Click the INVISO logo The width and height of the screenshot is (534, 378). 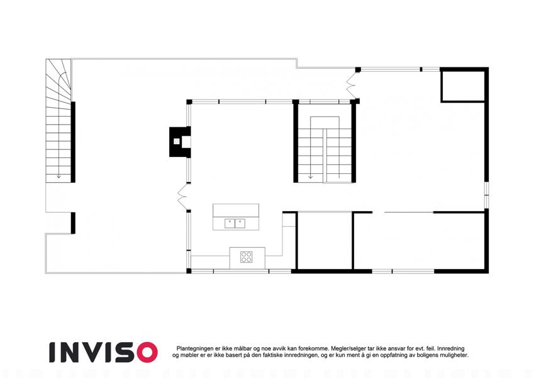(103, 352)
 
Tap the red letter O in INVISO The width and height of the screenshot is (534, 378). (147, 352)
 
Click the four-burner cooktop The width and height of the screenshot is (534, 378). (246, 257)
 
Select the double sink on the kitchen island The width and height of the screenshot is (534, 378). (235, 224)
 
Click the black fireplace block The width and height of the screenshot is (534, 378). (180, 142)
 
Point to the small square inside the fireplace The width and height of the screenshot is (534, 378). (177, 141)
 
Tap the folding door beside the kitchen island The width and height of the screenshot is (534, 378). (182, 197)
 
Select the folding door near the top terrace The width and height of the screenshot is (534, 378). (352, 85)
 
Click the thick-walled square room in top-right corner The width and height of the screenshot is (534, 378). (463, 85)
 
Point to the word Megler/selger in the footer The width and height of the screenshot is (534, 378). (347, 348)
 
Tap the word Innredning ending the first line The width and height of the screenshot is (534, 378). (451, 348)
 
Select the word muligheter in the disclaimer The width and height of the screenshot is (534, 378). (454, 355)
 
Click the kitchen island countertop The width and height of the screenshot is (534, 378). (236, 217)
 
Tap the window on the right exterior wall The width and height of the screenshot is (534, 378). (487, 195)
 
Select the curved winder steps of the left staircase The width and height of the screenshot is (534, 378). (58, 80)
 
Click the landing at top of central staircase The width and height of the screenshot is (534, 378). (325, 122)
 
